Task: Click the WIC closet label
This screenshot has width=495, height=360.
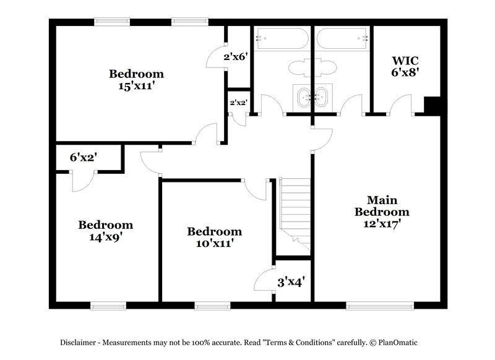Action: click(405, 61)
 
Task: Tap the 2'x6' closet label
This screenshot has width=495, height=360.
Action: click(236, 57)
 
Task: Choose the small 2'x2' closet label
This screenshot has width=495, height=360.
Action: click(238, 103)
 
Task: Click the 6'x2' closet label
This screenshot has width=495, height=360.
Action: click(82, 158)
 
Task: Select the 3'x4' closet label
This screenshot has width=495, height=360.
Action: click(290, 283)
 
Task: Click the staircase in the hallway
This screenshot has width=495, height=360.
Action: click(295, 210)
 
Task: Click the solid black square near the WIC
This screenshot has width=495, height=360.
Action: click(431, 106)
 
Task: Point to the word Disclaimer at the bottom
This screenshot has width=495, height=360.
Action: click(79, 342)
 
